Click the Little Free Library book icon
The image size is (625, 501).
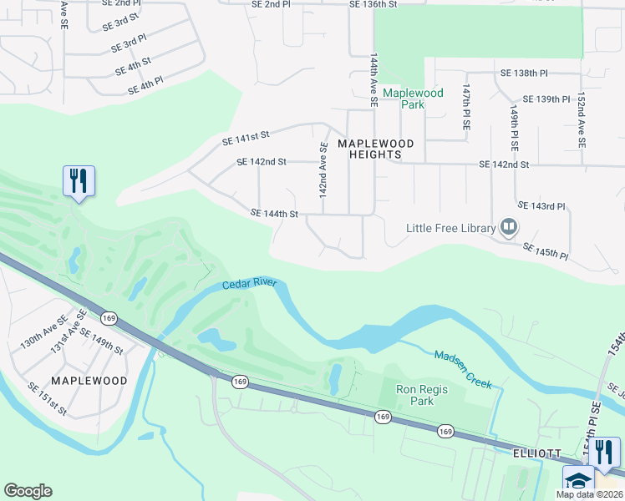click(x=508, y=226)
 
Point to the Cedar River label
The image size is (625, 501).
click(x=249, y=285)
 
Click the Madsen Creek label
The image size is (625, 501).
click(x=462, y=368)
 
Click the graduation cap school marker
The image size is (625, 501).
click(x=578, y=479)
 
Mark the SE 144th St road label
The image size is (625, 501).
click(x=274, y=214)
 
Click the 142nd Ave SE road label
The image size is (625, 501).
click(x=322, y=170)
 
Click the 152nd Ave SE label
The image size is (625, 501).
click(x=579, y=120)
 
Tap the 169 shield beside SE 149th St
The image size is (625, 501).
click(x=109, y=318)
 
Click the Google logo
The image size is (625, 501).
click(x=28, y=491)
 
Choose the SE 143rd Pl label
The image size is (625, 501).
click(x=541, y=205)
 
